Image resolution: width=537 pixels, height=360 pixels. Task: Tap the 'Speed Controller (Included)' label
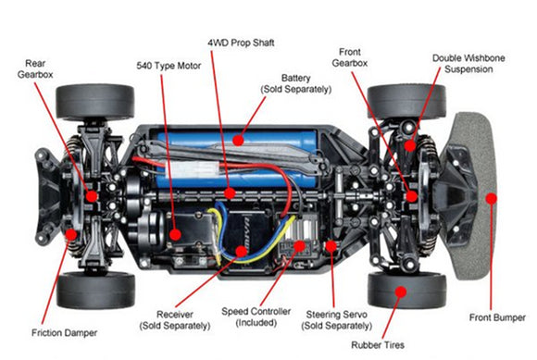[249, 317]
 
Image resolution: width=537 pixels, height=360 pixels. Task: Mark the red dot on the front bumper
[491, 197]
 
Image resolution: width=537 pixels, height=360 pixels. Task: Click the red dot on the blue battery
[237, 142]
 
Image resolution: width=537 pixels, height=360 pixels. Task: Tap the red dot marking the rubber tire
[401, 291]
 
